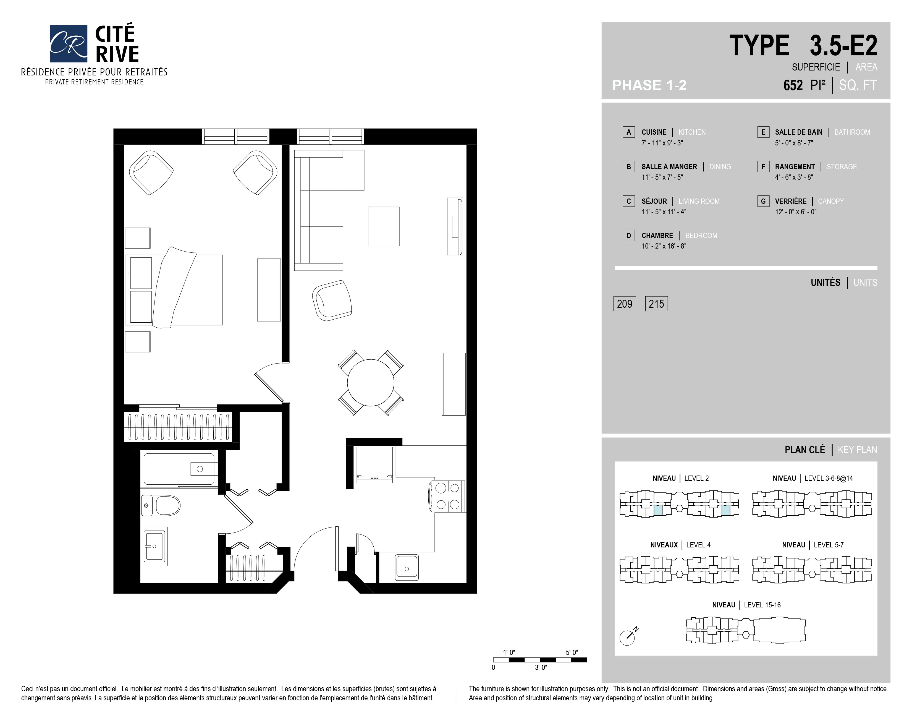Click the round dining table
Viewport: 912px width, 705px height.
tap(370, 382)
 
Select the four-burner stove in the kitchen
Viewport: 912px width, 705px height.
tap(447, 496)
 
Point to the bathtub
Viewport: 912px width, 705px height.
tap(180, 469)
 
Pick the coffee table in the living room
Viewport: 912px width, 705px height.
tap(383, 226)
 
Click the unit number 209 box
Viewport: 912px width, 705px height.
tap(625, 304)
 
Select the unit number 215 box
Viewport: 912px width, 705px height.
tap(656, 304)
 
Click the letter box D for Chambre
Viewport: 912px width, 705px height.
tap(628, 236)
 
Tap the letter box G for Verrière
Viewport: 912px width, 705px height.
tap(763, 201)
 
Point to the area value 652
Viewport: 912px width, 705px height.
tap(793, 85)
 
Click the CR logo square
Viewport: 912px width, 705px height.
tap(69, 43)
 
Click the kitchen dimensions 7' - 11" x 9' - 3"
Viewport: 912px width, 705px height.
tap(662, 143)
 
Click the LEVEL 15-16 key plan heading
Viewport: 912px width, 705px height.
tap(762, 605)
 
